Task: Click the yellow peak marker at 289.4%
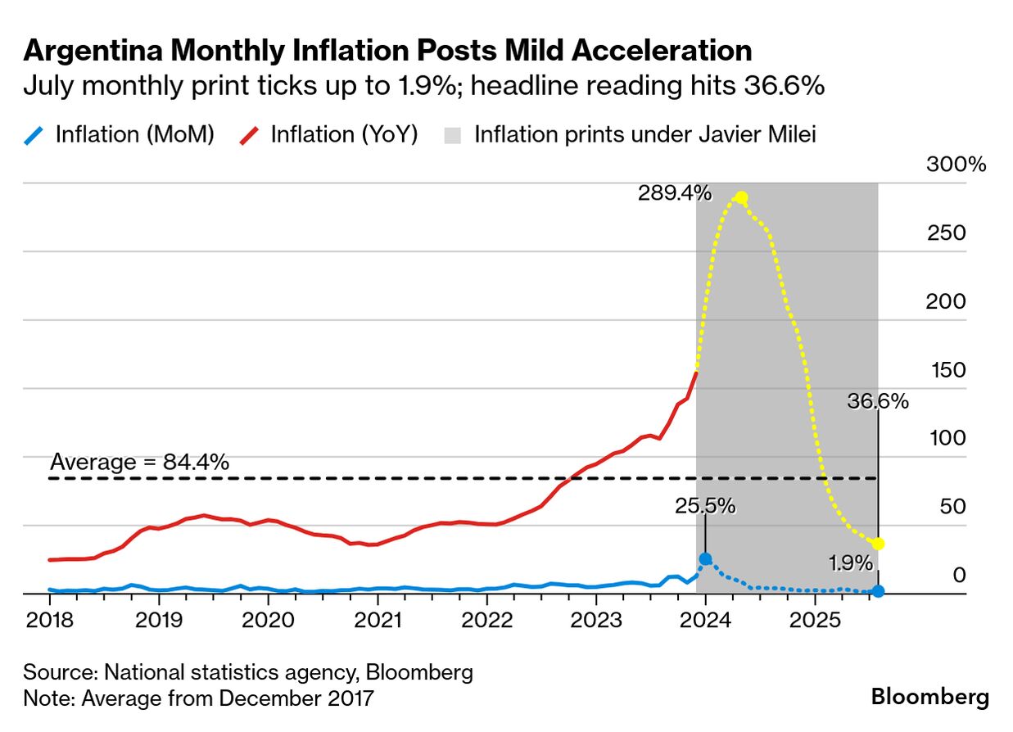(x=740, y=197)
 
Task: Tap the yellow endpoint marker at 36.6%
(x=878, y=544)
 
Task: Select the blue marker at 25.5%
(x=705, y=559)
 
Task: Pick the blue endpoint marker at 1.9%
(x=878, y=591)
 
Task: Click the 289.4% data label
(x=675, y=193)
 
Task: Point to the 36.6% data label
(x=877, y=401)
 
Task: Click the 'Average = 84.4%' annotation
(x=139, y=462)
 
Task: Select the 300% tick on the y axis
(x=956, y=164)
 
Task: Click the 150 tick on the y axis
(x=948, y=370)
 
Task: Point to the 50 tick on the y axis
(x=953, y=507)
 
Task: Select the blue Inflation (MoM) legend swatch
(x=34, y=134)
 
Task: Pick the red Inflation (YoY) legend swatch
(x=250, y=134)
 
